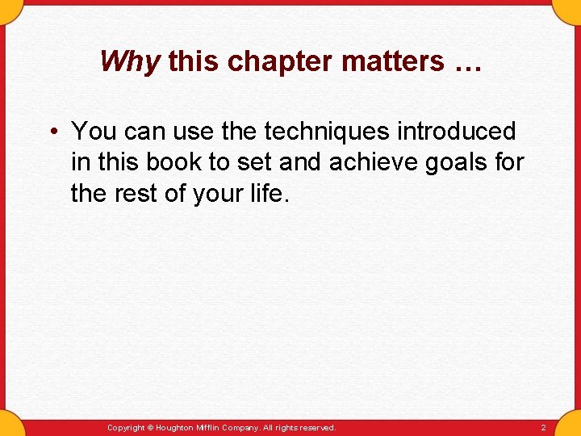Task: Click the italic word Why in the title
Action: (x=130, y=61)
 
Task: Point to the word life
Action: (x=267, y=194)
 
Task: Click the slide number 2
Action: (x=543, y=428)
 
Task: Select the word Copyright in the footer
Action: (x=126, y=428)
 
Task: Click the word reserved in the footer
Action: (x=318, y=428)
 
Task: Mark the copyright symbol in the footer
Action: (x=151, y=428)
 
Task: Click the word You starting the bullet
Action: (x=94, y=131)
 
